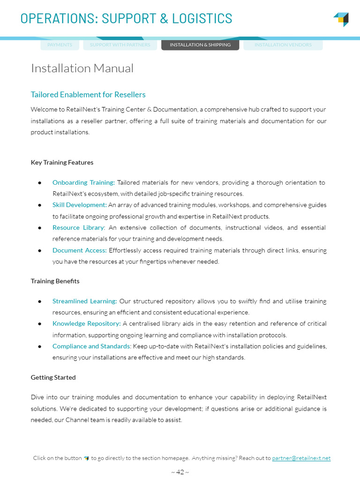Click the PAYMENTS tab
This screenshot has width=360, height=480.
point(60,45)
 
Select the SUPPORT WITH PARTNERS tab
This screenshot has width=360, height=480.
point(120,45)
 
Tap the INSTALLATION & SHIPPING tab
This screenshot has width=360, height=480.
point(200,45)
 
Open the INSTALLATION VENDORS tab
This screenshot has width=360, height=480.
point(283,45)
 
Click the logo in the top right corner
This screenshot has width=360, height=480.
point(341,19)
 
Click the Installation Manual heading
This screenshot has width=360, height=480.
point(82,68)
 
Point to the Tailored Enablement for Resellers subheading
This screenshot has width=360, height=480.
point(88,95)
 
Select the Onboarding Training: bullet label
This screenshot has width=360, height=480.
point(83,182)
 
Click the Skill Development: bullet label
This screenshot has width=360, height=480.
point(80,205)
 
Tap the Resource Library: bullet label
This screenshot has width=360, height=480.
point(79,227)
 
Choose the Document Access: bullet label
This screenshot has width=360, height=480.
point(80,250)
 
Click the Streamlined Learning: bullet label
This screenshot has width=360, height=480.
point(85,301)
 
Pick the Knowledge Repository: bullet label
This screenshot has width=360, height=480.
point(87,323)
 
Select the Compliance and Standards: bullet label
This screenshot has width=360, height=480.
point(92,346)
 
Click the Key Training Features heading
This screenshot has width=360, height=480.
point(62,163)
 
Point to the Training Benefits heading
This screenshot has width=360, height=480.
point(55,281)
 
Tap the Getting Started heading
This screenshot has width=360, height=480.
point(53,377)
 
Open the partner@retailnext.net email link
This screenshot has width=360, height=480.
point(301,458)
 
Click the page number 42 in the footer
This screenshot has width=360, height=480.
point(180,472)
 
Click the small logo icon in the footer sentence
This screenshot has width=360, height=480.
point(86,458)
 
